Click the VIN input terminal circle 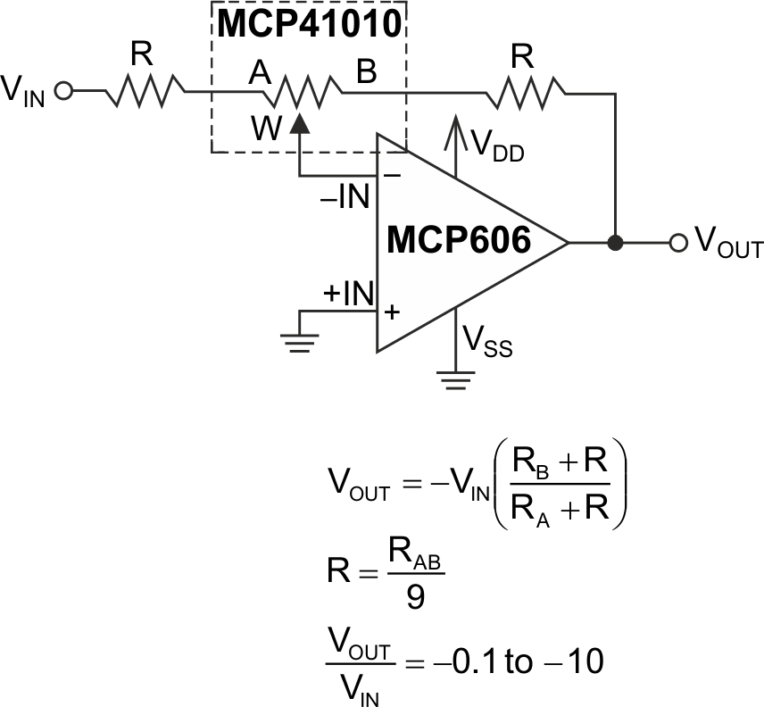pyautogui.click(x=62, y=90)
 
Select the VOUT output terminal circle pyautogui.click(x=678, y=242)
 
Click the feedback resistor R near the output pyautogui.click(x=524, y=90)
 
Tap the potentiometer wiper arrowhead pyautogui.click(x=300, y=125)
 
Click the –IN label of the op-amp pyautogui.click(x=346, y=196)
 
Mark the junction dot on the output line pyautogui.click(x=615, y=242)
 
